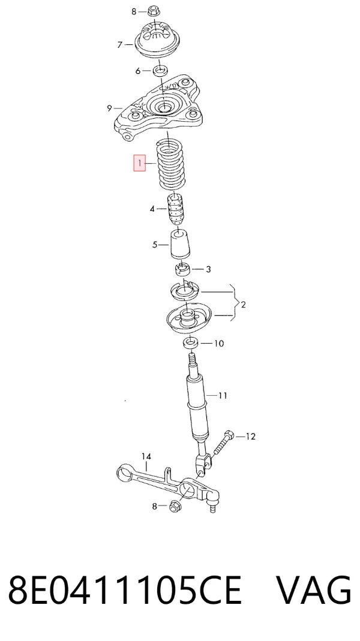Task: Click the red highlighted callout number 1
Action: (139, 163)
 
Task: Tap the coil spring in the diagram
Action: (172, 165)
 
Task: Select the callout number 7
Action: (120, 44)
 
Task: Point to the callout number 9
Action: (109, 109)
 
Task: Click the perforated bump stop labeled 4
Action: (175, 209)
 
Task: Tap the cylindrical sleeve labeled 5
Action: (180, 245)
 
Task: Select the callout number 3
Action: (208, 269)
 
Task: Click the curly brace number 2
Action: (244, 305)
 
